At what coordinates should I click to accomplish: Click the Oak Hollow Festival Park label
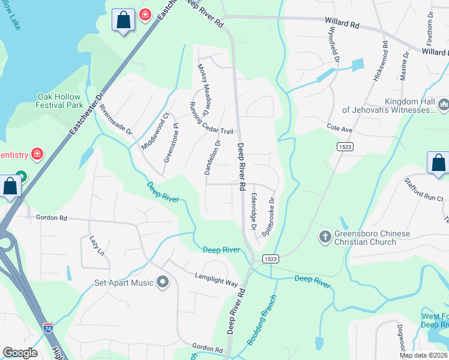[60, 101]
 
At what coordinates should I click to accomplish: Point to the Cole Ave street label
[339, 129]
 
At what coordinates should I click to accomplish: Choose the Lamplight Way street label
[217, 280]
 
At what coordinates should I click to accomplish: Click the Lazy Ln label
[97, 245]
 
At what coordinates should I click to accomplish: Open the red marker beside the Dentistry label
[37, 155]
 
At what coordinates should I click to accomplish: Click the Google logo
[20, 352]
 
